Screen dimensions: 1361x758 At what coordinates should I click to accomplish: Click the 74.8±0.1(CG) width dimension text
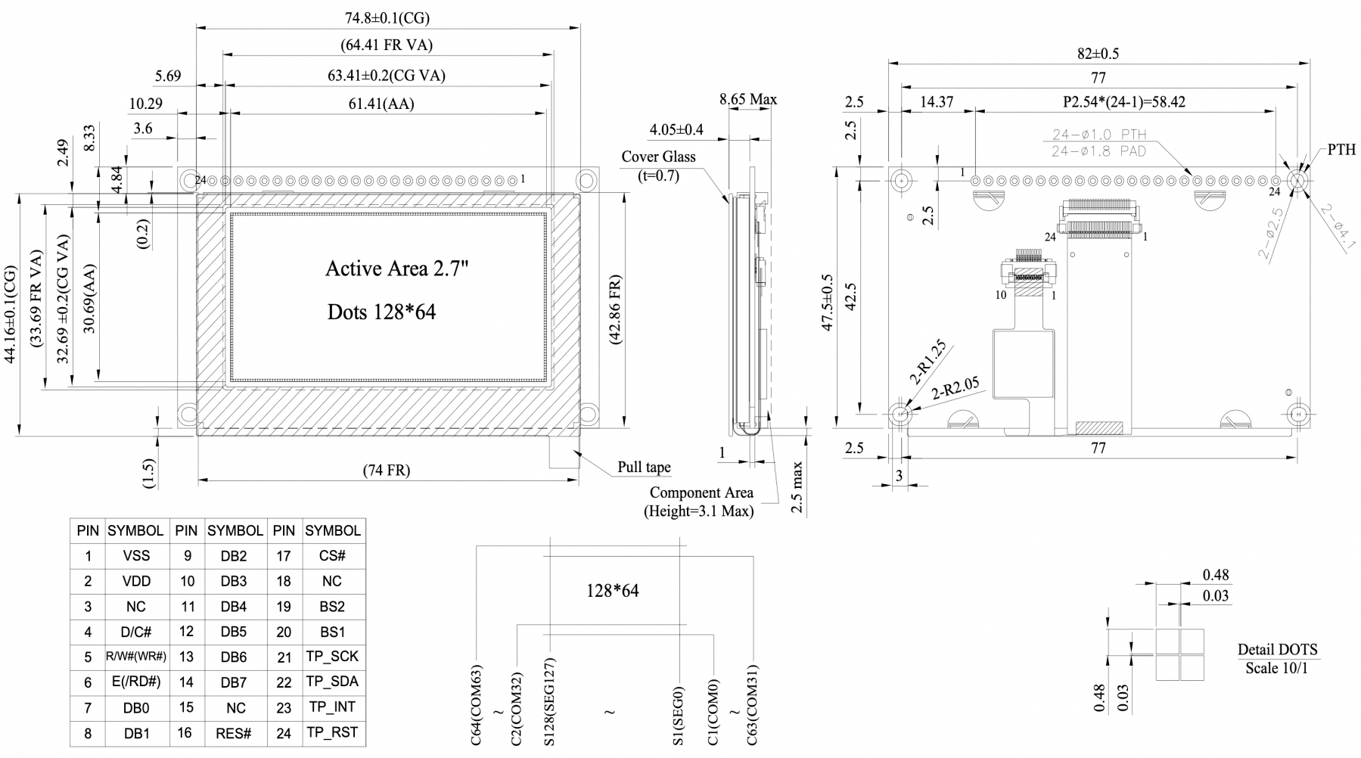pos(388,18)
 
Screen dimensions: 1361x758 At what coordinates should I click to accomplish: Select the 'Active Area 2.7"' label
pos(393,269)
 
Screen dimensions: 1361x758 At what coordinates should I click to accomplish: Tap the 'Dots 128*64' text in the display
pos(381,312)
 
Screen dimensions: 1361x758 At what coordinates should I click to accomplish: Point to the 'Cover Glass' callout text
pos(658,157)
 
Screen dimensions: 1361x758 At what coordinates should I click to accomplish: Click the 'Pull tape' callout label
pos(644,467)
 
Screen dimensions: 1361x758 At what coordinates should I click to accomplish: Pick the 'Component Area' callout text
pos(701,492)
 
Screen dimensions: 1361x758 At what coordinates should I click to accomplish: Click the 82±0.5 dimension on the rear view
pos(1098,54)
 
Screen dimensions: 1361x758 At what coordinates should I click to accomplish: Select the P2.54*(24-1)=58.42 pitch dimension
pos(1124,101)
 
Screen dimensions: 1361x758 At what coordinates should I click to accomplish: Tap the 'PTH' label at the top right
pos(1341,150)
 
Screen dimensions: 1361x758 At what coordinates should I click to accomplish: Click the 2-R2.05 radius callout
pos(955,387)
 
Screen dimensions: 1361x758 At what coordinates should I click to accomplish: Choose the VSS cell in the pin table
pos(136,556)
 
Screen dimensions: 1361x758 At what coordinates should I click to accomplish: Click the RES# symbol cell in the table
pos(234,733)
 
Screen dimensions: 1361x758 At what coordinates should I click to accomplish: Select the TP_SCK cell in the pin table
pos(332,657)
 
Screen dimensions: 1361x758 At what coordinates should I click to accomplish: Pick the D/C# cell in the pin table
pos(136,632)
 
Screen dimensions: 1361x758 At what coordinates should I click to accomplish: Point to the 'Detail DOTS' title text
pos(1277,649)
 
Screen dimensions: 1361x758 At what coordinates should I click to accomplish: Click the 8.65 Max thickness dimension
pos(747,99)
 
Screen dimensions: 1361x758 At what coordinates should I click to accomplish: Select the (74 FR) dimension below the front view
pos(387,471)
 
